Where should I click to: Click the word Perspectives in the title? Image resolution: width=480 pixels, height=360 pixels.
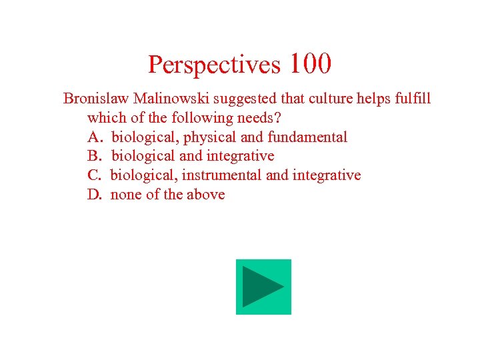[215, 65]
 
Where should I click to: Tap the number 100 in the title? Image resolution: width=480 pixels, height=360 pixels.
[310, 64]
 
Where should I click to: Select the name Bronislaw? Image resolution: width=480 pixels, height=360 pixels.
[96, 99]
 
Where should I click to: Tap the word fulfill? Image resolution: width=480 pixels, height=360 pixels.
[411, 99]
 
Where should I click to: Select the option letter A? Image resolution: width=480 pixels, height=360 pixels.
[94, 137]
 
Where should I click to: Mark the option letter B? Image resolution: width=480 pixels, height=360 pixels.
[93, 156]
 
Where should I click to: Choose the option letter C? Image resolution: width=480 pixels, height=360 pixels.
[93, 175]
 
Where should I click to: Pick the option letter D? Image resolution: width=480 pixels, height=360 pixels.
[94, 195]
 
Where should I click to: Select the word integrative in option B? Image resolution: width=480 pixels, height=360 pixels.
[242, 156]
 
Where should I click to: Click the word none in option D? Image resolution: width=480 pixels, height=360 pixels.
[125, 195]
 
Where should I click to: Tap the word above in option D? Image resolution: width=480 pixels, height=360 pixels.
[206, 195]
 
